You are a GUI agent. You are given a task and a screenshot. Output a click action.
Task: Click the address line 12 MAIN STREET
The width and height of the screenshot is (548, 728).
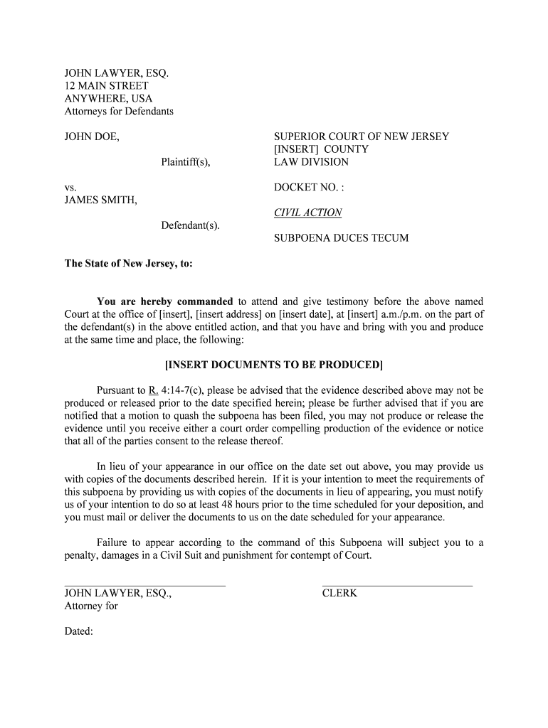pyautogui.click(x=107, y=86)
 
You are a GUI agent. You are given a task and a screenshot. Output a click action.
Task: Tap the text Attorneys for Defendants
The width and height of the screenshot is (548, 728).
pyautogui.click(x=119, y=112)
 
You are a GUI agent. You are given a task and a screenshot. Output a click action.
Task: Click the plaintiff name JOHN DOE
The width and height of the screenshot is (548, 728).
pyautogui.click(x=92, y=136)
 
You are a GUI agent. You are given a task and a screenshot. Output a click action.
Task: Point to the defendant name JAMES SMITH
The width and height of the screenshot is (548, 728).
pyautogui.click(x=100, y=200)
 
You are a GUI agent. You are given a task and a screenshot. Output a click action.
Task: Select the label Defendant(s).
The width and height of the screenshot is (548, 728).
pyautogui.click(x=190, y=226)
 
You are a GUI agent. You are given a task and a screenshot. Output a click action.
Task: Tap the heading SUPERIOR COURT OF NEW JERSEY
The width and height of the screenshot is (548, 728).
pyautogui.click(x=362, y=136)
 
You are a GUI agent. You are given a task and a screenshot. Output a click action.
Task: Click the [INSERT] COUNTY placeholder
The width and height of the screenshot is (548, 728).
pyautogui.click(x=321, y=149)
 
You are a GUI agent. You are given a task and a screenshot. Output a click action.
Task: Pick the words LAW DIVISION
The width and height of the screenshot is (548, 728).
pyautogui.click(x=311, y=162)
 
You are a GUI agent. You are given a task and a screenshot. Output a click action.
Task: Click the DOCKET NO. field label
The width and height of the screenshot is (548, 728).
pyautogui.click(x=309, y=188)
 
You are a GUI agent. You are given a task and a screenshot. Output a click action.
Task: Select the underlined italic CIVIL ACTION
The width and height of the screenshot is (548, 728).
pyautogui.click(x=307, y=213)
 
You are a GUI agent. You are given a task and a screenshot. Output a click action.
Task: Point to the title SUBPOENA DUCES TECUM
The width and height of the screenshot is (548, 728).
pyautogui.click(x=342, y=238)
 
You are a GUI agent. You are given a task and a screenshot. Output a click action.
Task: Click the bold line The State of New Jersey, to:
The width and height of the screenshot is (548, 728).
pyautogui.click(x=129, y=264)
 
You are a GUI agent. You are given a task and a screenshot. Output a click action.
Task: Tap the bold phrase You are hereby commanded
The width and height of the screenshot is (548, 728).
pyautogui.click(x=164, y=301)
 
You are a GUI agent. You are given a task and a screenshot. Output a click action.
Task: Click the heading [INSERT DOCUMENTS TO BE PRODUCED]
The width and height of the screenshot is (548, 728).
pyautogui.click(x=274, y=365)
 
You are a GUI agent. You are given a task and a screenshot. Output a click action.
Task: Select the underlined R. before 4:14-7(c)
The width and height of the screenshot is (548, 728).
pyautogui.click(x=153, y=390)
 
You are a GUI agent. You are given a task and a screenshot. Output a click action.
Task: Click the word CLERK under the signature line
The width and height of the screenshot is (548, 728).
pyautogui.click(x=339, y=594)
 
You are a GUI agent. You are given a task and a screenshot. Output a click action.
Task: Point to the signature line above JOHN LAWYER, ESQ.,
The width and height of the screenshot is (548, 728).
pyautogui.click(x=145, y=585)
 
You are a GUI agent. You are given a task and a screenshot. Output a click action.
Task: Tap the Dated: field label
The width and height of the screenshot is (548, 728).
pyautogui.click(x=79, y=631)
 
